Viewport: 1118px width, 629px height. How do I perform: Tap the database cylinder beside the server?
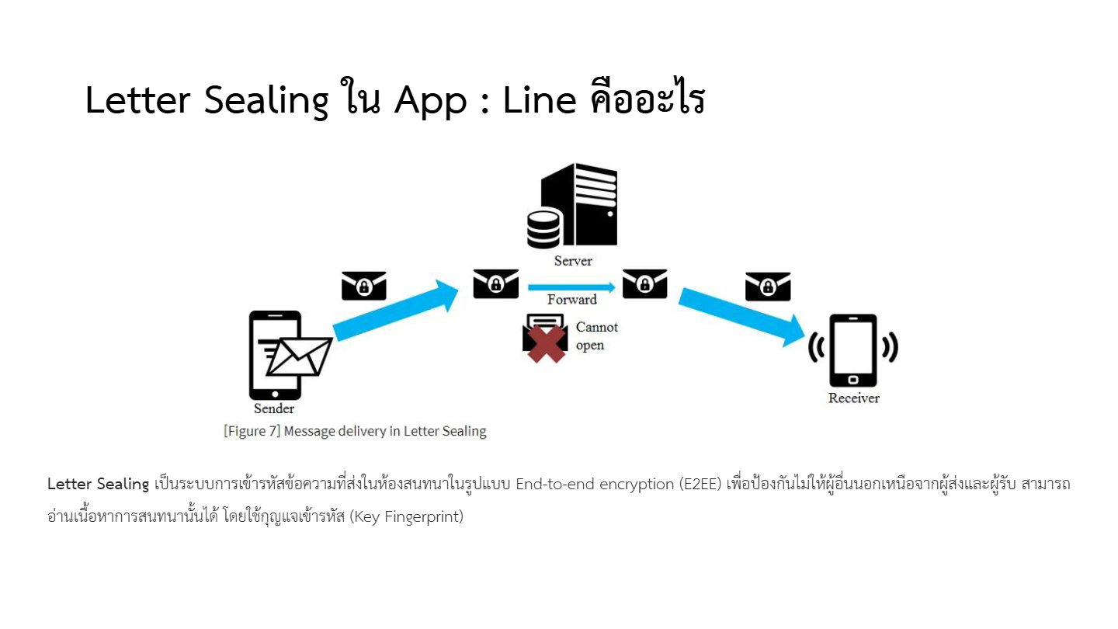click(544, 228)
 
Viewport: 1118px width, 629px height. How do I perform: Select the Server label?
click(572, 261)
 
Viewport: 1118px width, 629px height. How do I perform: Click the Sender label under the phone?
click(274, 408)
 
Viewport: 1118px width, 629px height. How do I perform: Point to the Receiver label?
click(853, 398)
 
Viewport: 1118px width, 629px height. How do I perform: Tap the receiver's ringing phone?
click(853, 350)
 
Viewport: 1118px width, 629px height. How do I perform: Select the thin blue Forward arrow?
click(572, 287)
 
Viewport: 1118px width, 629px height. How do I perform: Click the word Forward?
click(572, 300)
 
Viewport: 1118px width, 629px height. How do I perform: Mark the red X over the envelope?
click(546, 344)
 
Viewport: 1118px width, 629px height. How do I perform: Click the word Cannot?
click(597, 327)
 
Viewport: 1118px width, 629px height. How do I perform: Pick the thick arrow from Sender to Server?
click(396, 311)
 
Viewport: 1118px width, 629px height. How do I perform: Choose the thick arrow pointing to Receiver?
click(741, 317)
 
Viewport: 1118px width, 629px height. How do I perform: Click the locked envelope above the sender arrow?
click(364, 286)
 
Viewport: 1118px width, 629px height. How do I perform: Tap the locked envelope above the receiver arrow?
click(768, 287)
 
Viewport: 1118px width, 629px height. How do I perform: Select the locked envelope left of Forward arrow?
click(495, 283)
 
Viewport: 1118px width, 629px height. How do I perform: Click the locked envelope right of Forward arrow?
click(644, 283)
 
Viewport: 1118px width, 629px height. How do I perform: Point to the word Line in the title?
click(540, 100)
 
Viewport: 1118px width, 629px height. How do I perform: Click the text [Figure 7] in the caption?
click(252, 431)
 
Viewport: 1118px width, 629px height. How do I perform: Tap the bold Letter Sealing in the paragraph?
click(99, 484)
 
